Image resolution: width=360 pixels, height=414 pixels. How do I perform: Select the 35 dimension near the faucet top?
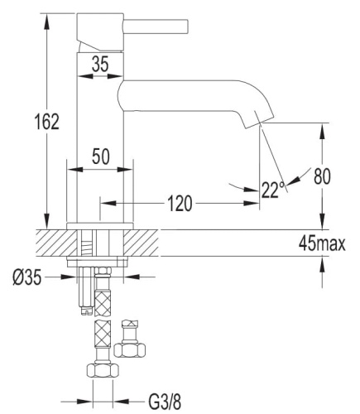click(100, 64)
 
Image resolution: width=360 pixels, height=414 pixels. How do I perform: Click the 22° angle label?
click(272, 190)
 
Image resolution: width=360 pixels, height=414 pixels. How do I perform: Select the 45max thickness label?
click(321, 245)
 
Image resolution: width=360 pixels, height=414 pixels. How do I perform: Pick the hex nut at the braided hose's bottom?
click(100, 371)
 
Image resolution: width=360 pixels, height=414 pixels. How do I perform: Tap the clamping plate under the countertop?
click(100, 262)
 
